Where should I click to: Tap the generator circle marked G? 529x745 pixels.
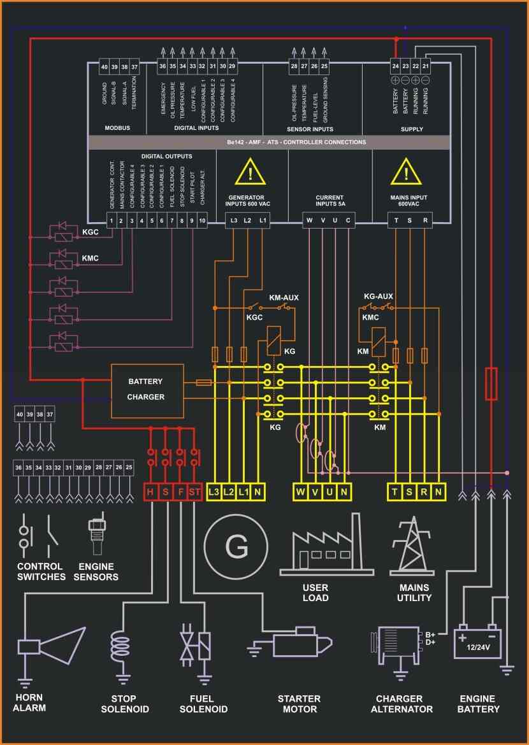[236, 546]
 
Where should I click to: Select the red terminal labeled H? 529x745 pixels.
[150, 492]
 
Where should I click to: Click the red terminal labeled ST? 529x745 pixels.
[195, 492]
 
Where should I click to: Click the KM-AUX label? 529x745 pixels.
[284, 297]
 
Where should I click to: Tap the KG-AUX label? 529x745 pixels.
[378, 296]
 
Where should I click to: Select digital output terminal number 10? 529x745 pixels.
[202, 221]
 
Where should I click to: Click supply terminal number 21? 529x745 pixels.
[425, 66]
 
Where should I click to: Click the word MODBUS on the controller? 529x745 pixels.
[117, 128]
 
